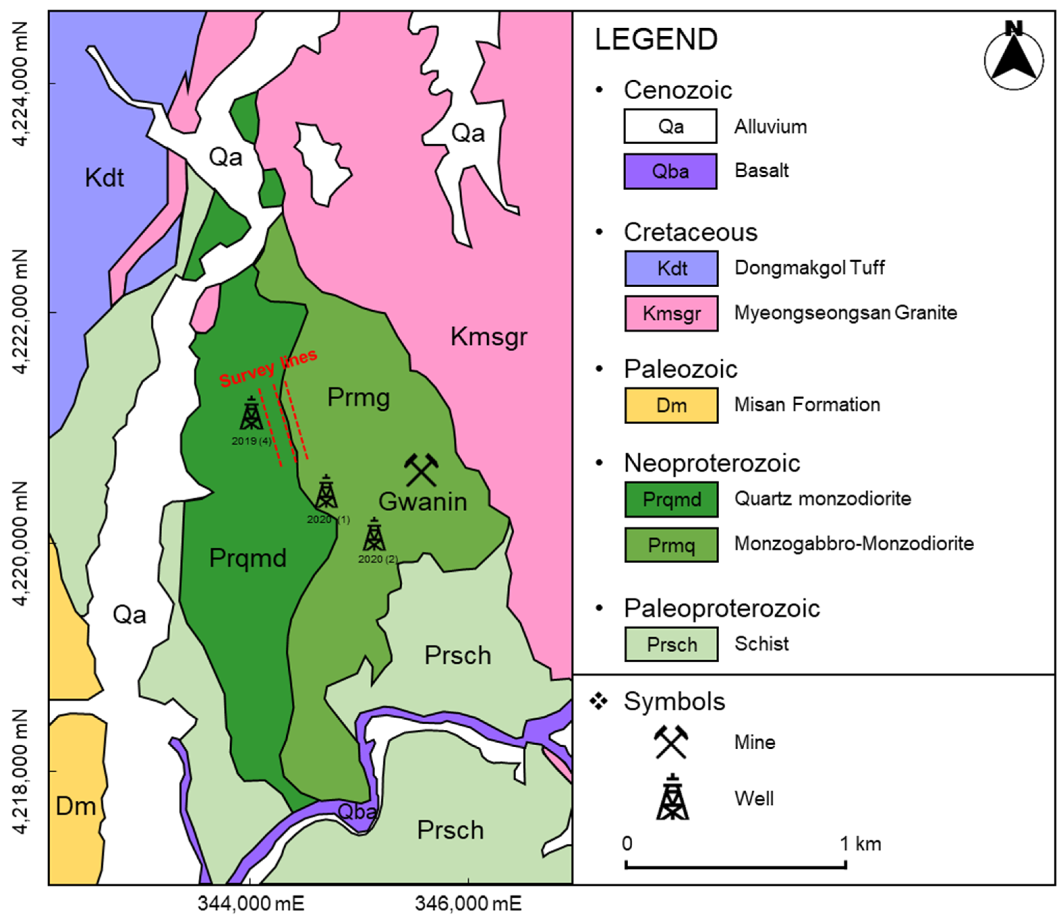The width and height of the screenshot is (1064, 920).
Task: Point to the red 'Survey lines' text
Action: (x=268, y=369)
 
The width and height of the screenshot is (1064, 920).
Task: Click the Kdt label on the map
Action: (x=104, y=178)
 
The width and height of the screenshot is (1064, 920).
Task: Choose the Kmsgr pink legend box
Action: (x=671, y=313)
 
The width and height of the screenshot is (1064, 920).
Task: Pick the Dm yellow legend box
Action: (x=671, y=406)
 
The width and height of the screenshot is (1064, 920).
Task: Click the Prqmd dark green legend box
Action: (x=671, y=499)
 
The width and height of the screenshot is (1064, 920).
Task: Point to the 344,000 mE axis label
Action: (x=251, y=903)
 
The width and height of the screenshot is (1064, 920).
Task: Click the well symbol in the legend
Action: (x=672, y=798)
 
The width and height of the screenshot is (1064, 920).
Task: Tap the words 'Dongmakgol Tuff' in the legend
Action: (x=809, y=267)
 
